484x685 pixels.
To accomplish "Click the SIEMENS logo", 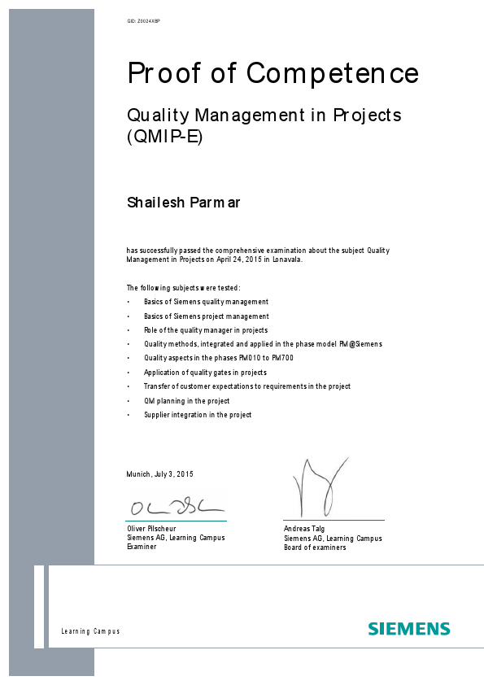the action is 408,629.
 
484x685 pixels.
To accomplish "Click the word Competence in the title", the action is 333,73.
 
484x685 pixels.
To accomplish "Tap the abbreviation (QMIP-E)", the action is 164,137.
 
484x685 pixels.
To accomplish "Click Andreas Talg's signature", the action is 315,486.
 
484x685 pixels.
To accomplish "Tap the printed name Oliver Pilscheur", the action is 152,529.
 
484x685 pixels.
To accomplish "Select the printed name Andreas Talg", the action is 303,529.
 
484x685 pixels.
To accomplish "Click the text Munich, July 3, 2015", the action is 159,474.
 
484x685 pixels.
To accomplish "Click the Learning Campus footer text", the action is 90,632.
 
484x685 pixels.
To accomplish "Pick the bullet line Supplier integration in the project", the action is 198,415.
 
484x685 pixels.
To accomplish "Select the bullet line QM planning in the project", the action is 186,401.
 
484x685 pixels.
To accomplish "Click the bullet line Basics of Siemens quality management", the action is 206,302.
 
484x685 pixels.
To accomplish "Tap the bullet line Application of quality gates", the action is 205,373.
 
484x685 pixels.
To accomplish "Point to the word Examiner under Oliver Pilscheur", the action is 142,547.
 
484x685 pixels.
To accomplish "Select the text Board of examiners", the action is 315,548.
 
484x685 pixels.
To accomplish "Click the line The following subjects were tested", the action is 183,288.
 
